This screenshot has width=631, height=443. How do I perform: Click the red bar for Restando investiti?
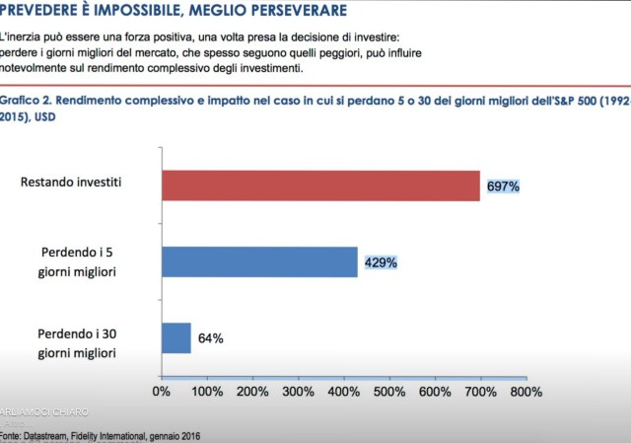click(x=320, y=185)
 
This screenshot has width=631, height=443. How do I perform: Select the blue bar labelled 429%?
click(x=259, y=261)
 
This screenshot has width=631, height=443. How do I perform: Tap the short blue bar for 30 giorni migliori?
click(x=176, y=337)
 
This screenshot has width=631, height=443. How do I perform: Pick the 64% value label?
click(x=210, y=338)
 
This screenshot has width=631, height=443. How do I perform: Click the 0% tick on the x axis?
click(x=162, y=392)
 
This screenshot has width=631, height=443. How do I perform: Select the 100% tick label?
click(x=207, y=392)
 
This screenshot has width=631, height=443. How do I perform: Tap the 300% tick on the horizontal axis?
click(x=299, y=392)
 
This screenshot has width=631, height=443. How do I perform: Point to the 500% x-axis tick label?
click(x=389, y=392)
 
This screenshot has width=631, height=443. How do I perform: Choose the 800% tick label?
click(x=526, y=392)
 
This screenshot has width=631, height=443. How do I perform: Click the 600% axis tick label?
click(x=435, y=392)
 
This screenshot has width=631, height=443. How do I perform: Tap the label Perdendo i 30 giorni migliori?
click(x=82, y=342)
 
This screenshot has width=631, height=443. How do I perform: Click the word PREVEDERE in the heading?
click(x=45, y=11)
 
